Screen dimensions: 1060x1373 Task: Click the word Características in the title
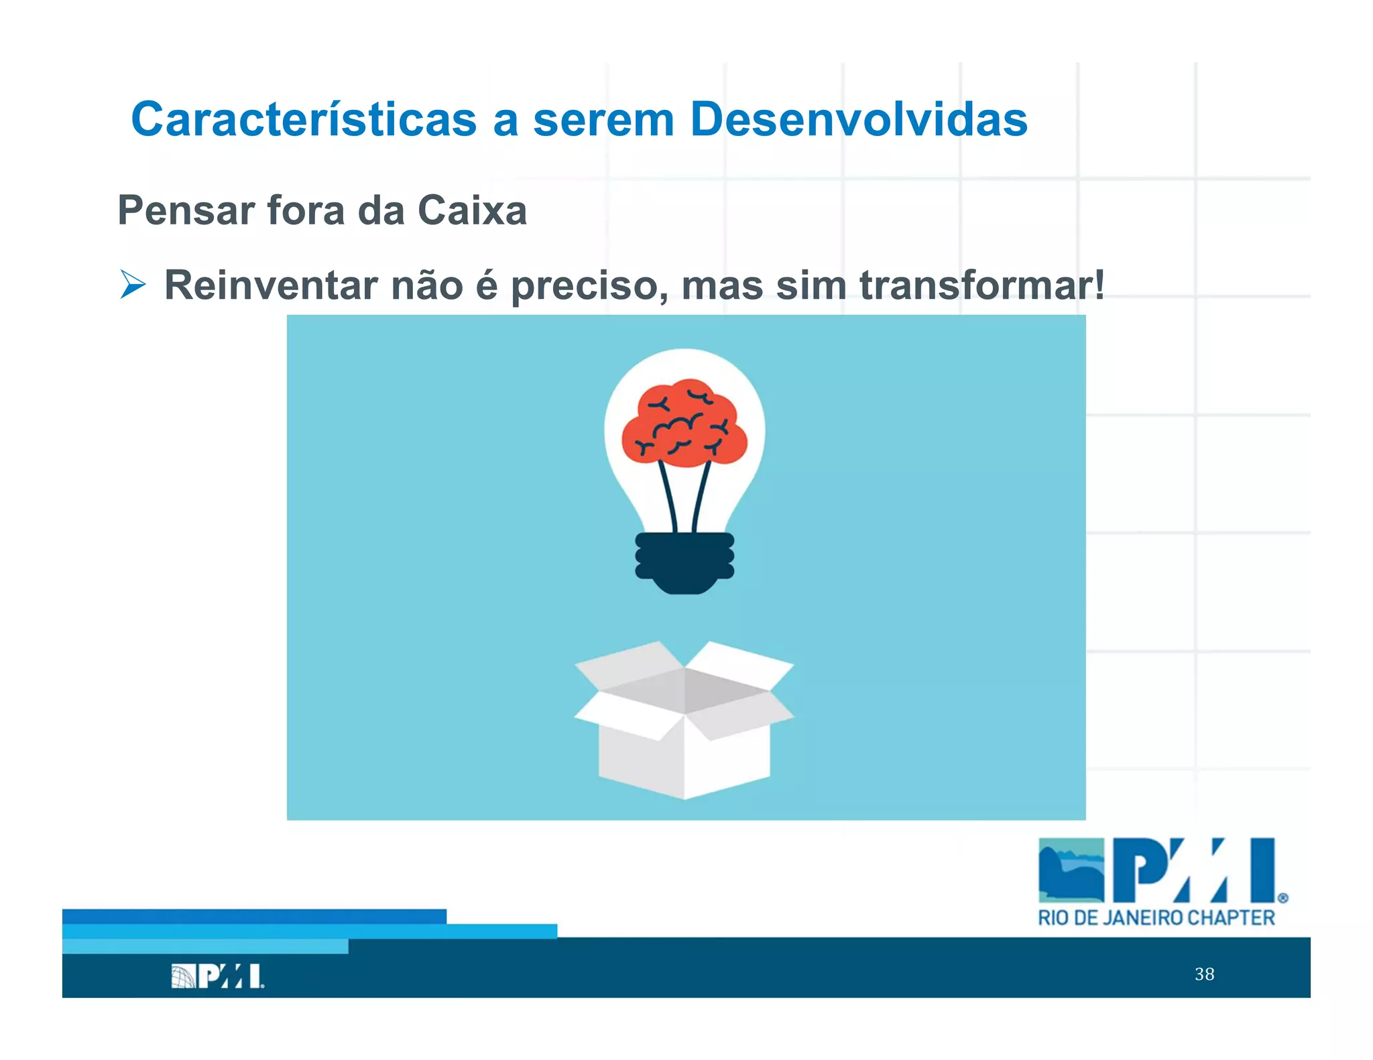click(x=304, y=119)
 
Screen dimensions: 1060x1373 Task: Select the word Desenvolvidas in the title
click(x=859, y=119)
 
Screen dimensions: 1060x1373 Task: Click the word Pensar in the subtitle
click(x=186, y=210)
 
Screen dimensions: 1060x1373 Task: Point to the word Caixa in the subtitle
click(x=472, y=210)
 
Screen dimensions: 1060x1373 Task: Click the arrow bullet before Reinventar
click(x=133, y=284)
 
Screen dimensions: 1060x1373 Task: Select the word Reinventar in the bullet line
click(x=271, y=285)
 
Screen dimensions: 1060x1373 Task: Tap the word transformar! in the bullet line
click(x=982, y=285)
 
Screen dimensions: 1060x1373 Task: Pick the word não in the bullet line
click(x=427, y=285)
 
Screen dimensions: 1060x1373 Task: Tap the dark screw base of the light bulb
click(x=684, y=561)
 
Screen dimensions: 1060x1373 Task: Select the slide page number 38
click(x=1204, y=974)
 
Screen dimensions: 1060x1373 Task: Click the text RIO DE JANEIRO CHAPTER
click(x=1156, y=917)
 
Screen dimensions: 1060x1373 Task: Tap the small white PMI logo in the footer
click(x=218, y=976)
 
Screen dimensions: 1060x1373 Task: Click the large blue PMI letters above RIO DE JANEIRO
click(x=1193, y=870)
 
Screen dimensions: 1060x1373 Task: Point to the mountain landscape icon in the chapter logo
click(x=1071, y=870)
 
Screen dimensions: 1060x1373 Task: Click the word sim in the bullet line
click(x=811, y=285)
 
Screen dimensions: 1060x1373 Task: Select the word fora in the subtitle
click(x=306, y=210)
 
